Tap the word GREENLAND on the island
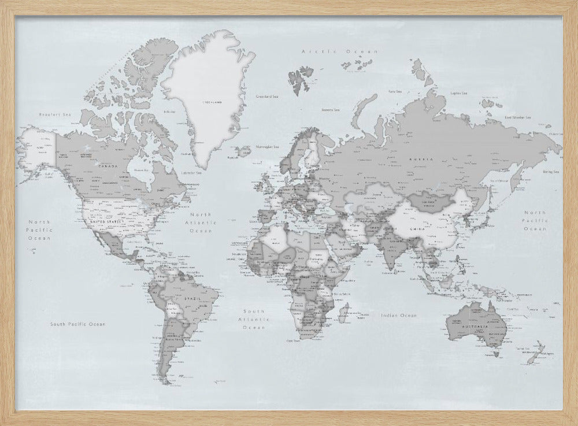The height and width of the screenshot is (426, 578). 210,102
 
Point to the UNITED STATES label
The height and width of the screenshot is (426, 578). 108,221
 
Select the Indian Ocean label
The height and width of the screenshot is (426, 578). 399,316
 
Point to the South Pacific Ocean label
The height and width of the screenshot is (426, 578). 77,324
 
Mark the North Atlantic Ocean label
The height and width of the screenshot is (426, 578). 199,223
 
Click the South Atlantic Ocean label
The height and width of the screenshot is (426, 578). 254,319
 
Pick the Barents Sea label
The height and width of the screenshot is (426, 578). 330,108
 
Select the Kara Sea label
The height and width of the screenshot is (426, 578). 395,91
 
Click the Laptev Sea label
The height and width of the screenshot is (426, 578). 458,92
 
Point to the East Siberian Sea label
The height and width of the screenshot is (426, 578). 517,117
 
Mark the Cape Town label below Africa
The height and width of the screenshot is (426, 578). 293,341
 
